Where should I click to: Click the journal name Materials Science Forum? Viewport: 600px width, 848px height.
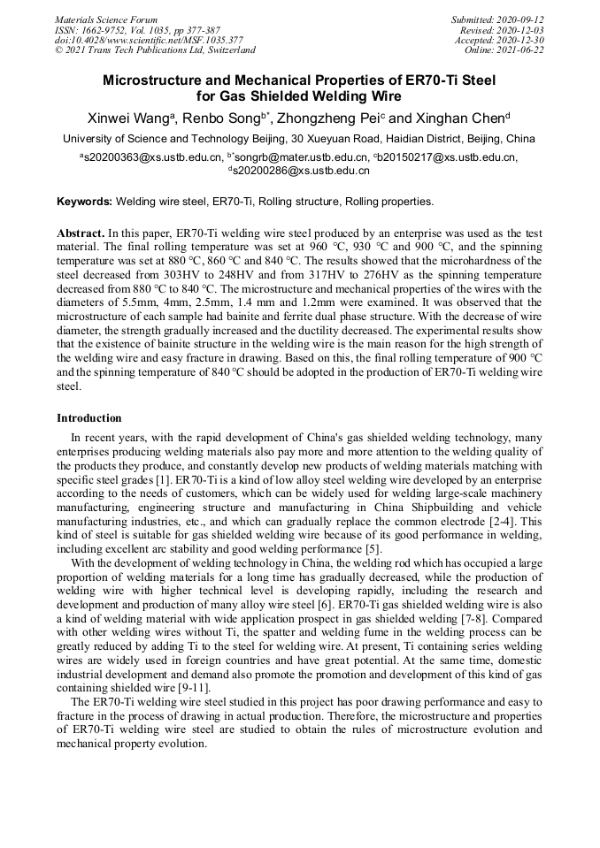pos(106,19)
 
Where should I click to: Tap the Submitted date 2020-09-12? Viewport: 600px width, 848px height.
pos(522,19)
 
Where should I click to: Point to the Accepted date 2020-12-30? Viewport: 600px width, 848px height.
pos(522,40)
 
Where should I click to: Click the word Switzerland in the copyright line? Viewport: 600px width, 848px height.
pos(227,50)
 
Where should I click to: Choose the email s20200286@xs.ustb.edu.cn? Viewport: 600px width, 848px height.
pos(302,171)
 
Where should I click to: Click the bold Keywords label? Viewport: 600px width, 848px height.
pos(85,202)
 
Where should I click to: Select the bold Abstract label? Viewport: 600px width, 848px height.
pos(80,233)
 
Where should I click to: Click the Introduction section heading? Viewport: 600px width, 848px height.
pos(89,417)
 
